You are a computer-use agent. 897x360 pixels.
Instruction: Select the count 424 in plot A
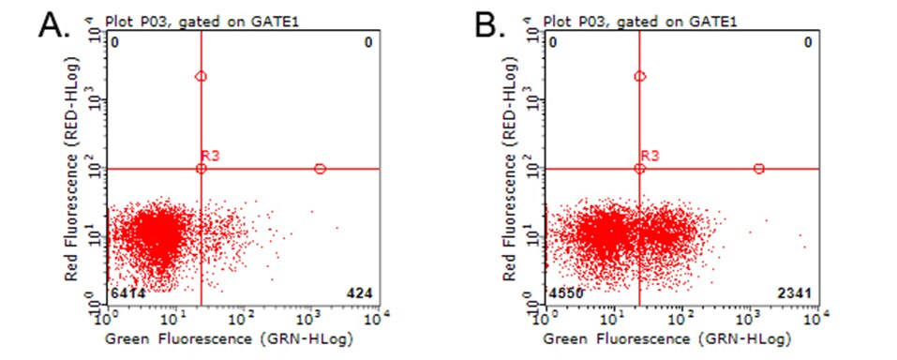361,294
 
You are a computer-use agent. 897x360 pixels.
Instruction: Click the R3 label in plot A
211,156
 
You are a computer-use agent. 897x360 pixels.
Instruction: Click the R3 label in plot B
650,156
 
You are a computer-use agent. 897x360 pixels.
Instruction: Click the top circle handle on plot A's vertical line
202,77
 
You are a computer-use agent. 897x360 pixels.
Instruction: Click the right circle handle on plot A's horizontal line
320,169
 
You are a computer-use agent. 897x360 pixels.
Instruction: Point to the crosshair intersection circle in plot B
640,169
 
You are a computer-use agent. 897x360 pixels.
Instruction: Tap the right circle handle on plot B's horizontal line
759,169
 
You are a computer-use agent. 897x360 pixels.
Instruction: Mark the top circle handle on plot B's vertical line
640,77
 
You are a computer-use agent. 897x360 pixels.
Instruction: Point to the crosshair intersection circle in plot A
202,169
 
